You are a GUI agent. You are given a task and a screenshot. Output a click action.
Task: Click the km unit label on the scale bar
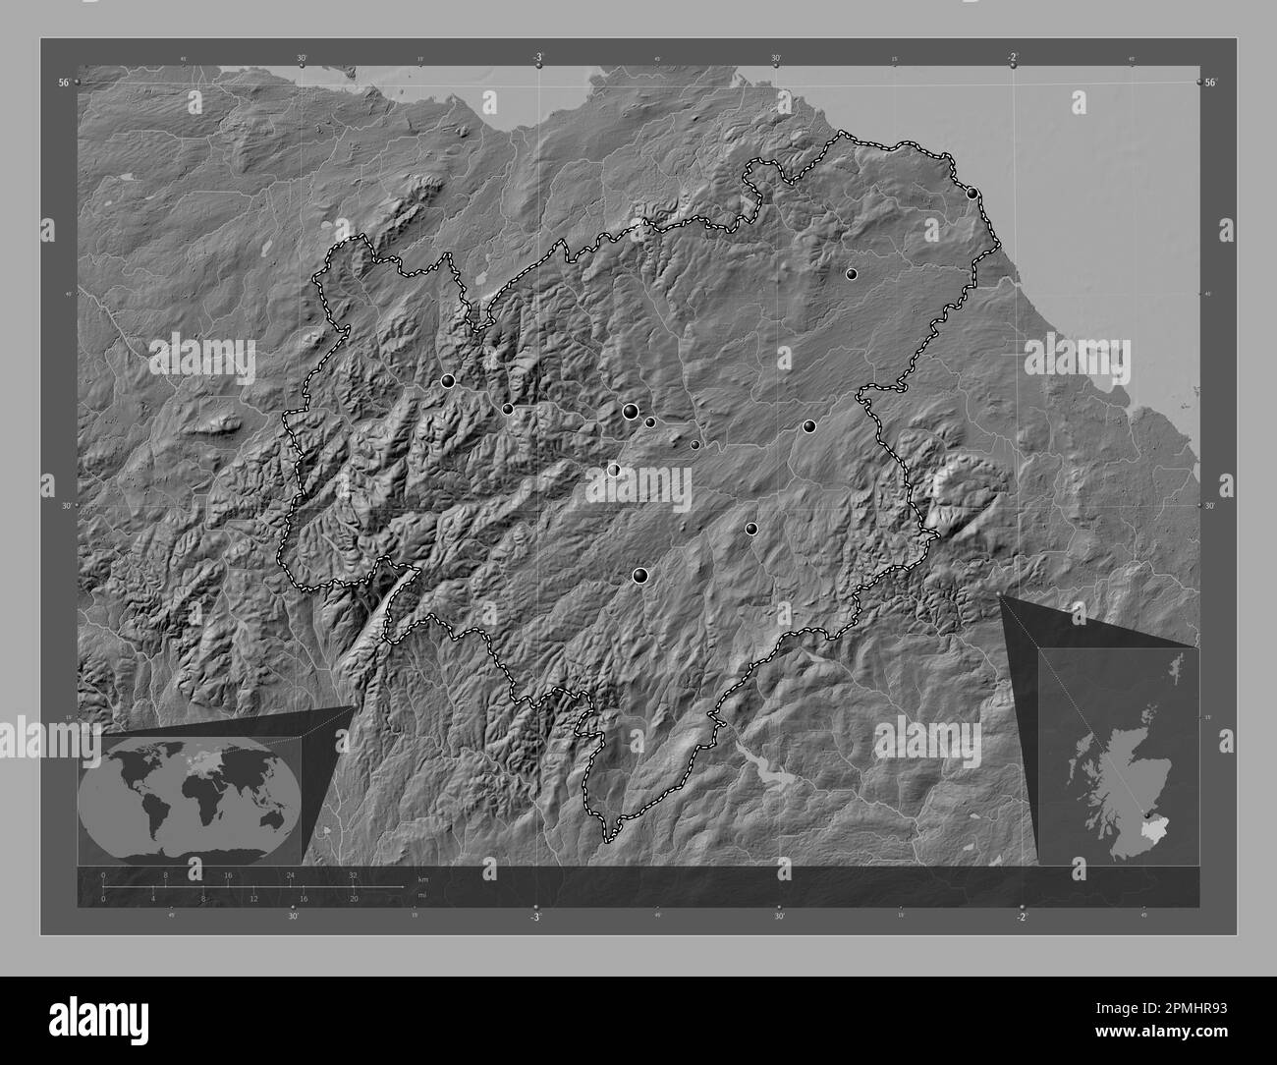coord(423,878)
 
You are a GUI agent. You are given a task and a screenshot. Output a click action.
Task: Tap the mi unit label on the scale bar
coord(423,895)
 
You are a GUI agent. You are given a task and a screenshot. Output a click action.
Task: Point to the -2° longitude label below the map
coord(1022,918)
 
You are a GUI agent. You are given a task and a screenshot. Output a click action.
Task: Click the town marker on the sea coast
coord(972,194)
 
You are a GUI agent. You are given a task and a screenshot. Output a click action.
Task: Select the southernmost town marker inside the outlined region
coord(641,576)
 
